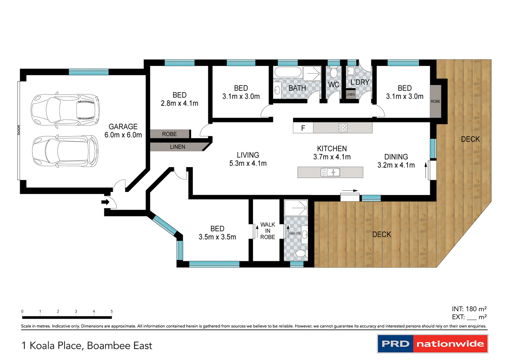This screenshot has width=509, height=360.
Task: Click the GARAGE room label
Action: (x=123, y=127)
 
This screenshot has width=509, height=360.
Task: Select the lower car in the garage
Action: (x=65, y=152)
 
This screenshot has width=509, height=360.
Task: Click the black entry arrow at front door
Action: (x=105, y=202)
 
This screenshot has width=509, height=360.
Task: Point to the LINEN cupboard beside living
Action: (x=177, y=147)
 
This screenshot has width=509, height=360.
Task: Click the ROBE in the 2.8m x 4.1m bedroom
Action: (x=169, y=134)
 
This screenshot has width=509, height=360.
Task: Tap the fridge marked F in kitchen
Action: (x=303, y=128)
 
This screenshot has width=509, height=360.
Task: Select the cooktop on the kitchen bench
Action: (x=343, y=128)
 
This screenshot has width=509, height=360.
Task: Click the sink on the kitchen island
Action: (x=330, y=173)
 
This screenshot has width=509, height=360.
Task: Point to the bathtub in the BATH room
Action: (x=288, y=72)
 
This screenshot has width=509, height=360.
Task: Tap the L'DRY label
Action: (x=360, y=82)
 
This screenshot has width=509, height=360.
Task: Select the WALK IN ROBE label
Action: (x=268, y=231)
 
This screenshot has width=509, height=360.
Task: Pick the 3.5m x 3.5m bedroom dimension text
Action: (x=217, y=237)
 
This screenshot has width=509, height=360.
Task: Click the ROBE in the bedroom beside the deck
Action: (x=435, y=101)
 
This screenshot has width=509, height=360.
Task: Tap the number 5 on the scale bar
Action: (x=112, y=311)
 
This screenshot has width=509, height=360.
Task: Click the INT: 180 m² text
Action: (x=469, y=309)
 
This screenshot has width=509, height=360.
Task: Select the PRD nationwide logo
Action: (x=432, y=344)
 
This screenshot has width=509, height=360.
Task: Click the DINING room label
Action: (x=396, y=157)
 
